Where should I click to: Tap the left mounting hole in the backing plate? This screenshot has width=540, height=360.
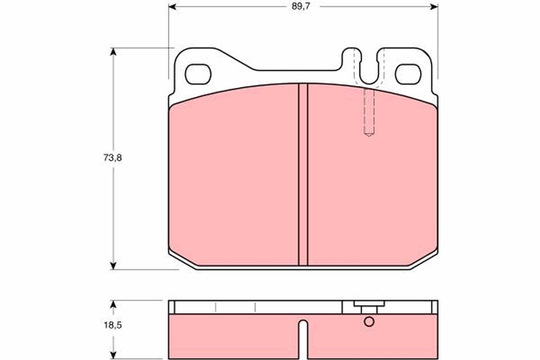pyautogui.click(x=198, y=74)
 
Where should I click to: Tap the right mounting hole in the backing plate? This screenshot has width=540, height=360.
pyautogui.click(x=408, y=74)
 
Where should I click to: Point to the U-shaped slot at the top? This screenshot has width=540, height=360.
pyautogui.click(x=369, y=67)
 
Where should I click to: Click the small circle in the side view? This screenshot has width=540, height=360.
pyautogui.click(x=369, y=322)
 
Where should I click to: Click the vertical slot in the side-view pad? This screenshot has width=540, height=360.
pyautogui.click(x=303, y=337)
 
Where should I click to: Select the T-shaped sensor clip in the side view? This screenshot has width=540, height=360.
pyautogui.click(x=369, y=306)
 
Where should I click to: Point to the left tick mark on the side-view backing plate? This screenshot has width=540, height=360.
pyautogui.click(x=216, y=307)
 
